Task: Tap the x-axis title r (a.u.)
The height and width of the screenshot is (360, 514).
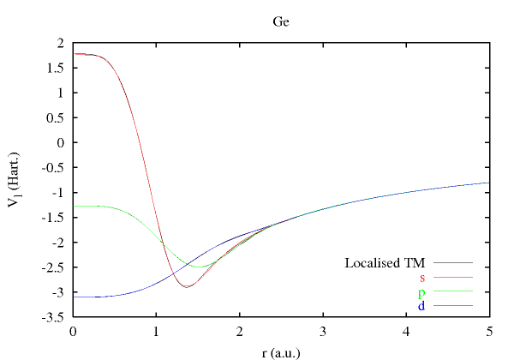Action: [x=281, y=351]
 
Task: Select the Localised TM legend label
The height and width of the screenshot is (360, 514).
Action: [x=385, y=262]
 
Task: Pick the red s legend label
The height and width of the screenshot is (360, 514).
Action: [x=422, y=277]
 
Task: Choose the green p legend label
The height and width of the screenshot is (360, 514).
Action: [x=422, y=291]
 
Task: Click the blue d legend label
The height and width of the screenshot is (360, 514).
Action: [x=422, y=306]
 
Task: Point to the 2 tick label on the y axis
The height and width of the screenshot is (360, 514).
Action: [x=61, y=42]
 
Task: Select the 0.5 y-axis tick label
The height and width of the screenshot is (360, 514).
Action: [x=57, y=117]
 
